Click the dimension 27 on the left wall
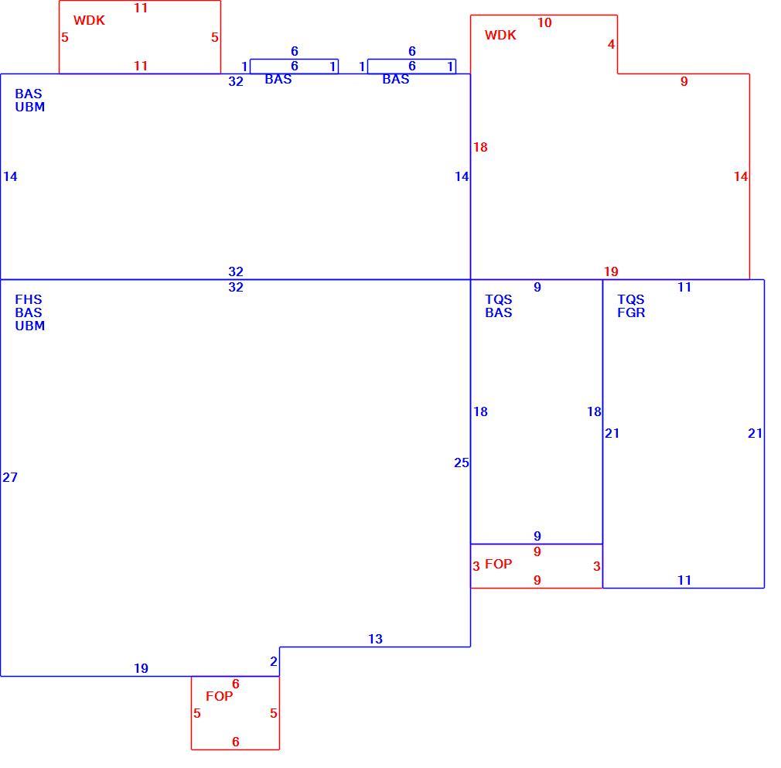point(10,477)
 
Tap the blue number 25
point(461,463)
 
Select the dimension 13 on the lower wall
point(375,639)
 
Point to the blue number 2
point(274,661)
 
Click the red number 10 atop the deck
point(544,22)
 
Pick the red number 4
point(611,44)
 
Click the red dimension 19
point(611,271)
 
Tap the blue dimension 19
point(141,668)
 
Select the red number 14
point(741,176)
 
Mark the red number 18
point(480,147)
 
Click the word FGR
point(631,312)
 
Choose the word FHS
point(29,299)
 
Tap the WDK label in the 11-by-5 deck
point(89,20)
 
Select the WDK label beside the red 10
point(500,35)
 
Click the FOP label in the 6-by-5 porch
point(219,696)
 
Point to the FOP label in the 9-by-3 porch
point(498,564)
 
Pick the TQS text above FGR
point(631,299)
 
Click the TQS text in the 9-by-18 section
point(499,299)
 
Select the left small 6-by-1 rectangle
point(294,60)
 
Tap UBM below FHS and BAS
point(30,326)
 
